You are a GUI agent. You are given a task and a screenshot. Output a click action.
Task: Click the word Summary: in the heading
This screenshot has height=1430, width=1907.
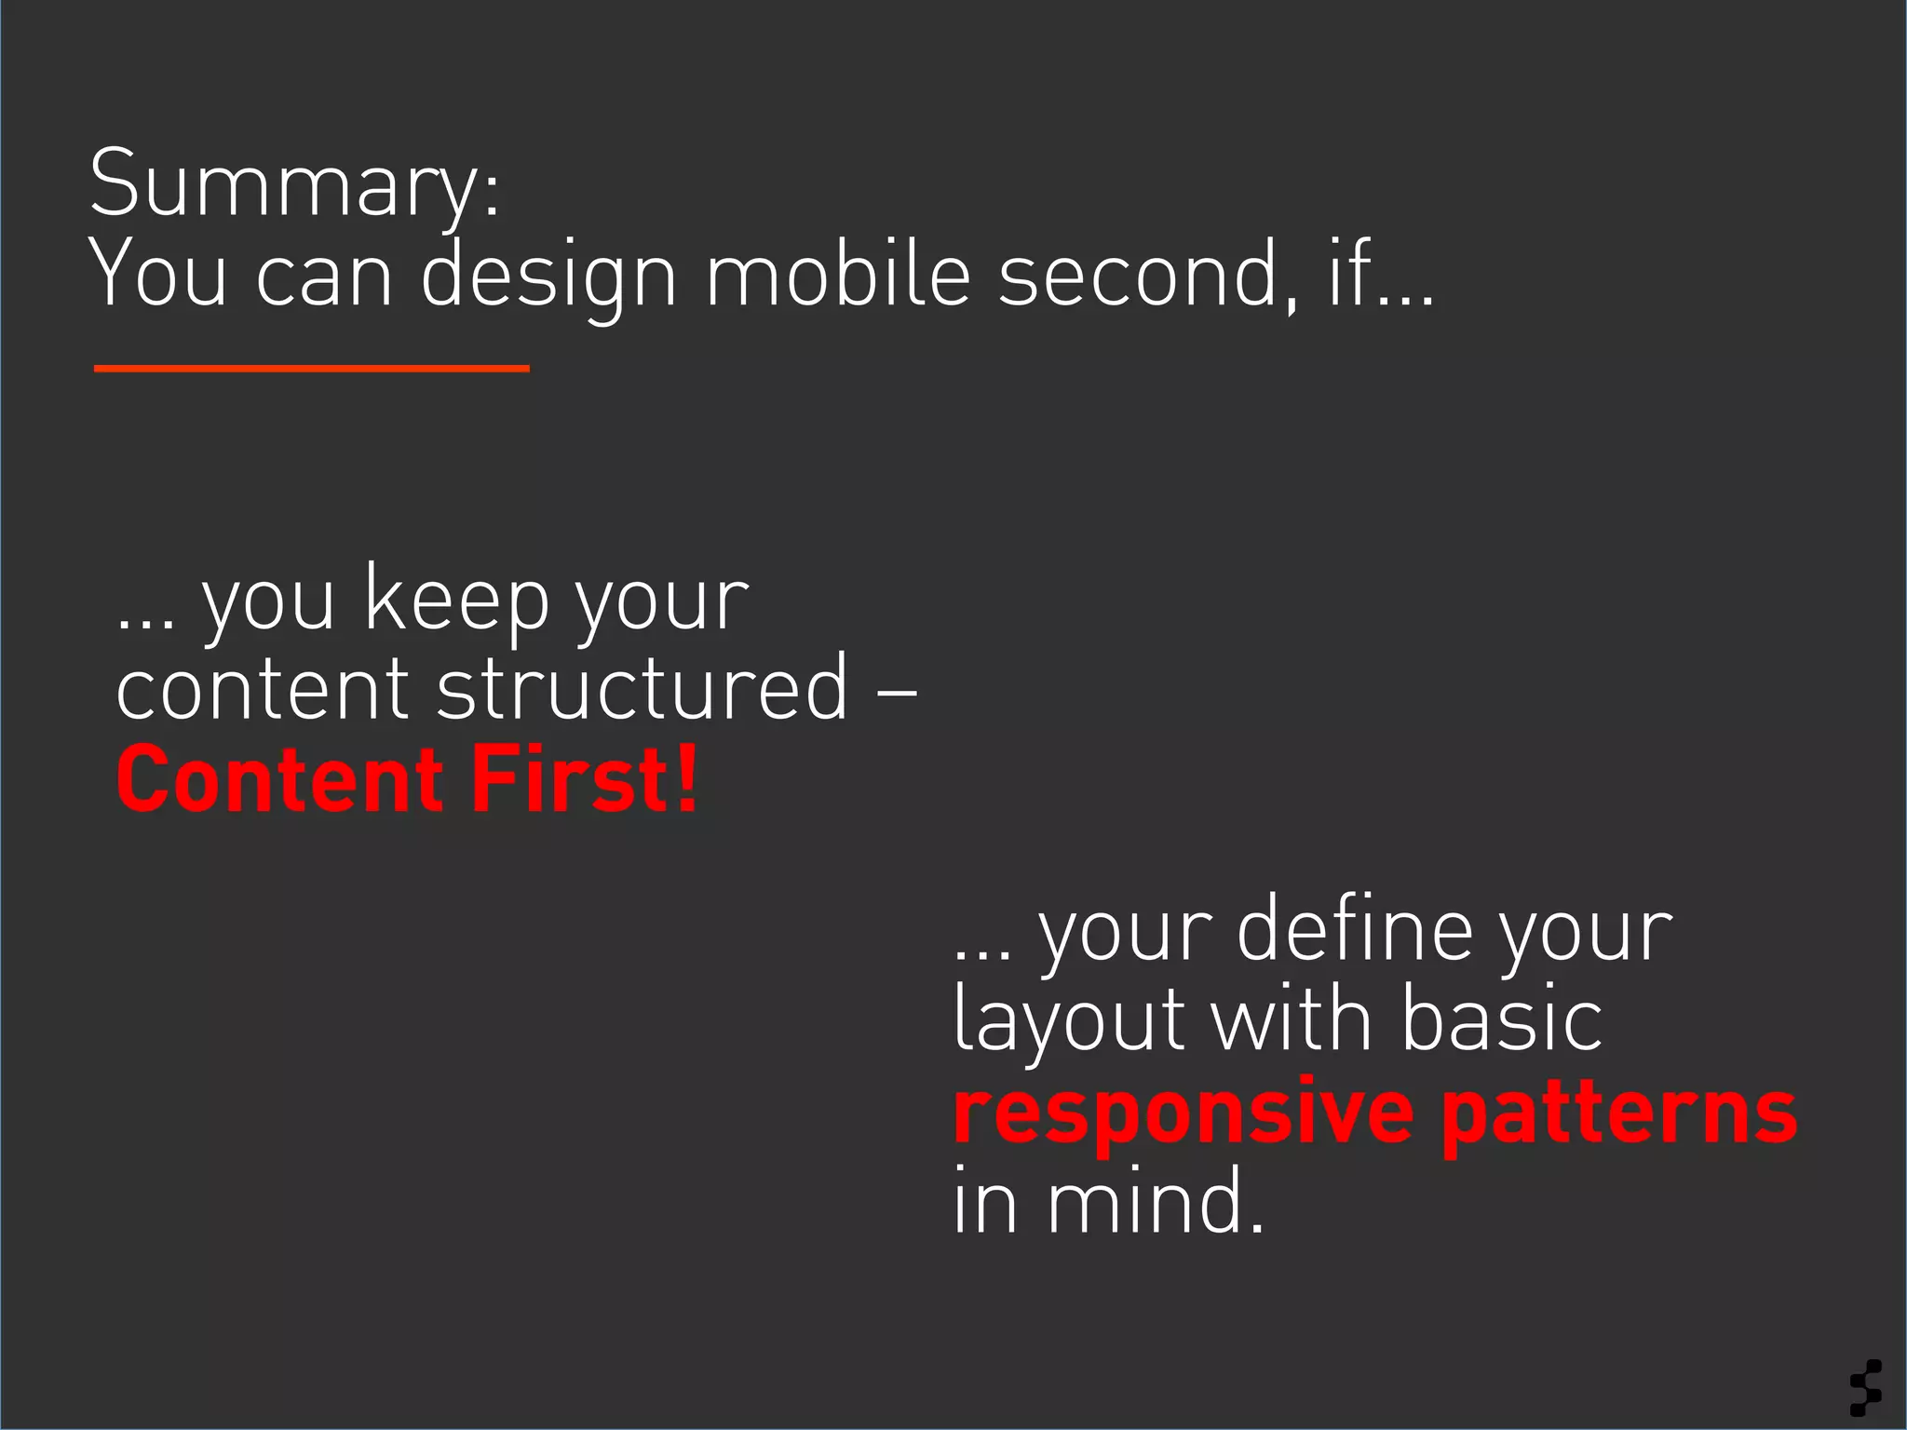tap(294, 186)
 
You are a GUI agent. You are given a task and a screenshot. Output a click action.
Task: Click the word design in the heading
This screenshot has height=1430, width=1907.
tap(548, 276)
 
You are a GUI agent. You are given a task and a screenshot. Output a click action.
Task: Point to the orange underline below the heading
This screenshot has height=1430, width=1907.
tap(311, 369)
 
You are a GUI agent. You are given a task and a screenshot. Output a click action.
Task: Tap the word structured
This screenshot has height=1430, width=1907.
tap(642, 689)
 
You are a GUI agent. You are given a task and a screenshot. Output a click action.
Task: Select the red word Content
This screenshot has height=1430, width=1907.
tap(279, 780)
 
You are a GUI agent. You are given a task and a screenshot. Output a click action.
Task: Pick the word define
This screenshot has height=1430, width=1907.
tap(1355, 931)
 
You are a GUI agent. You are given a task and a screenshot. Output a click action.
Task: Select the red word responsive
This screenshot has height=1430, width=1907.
tap(1183, 1113)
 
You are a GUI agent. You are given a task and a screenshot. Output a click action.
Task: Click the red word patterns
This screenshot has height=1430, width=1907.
tap(1619, 1113)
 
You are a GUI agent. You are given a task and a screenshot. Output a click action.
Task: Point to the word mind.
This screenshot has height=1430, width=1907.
tap(1156, 1203)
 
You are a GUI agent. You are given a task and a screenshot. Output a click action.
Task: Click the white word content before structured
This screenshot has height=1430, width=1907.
tap(262, 689)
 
